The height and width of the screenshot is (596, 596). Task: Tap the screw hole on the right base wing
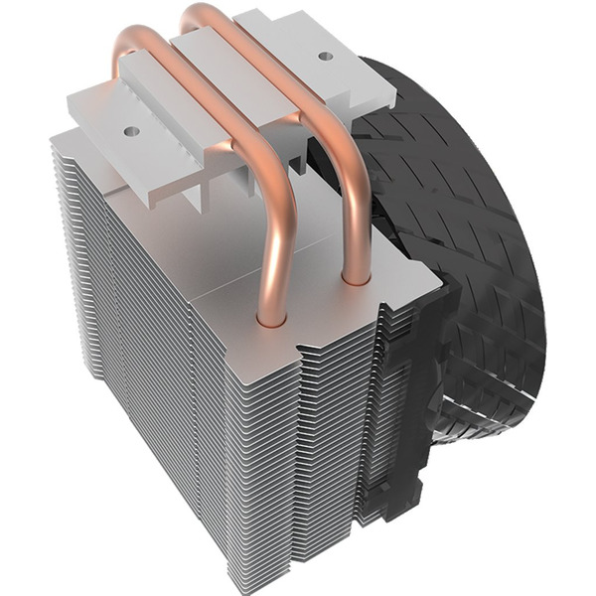pyautogui.click(x=326, y=57)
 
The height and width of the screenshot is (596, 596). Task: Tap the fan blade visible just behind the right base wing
pyautogui.click(x=397, y=129)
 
